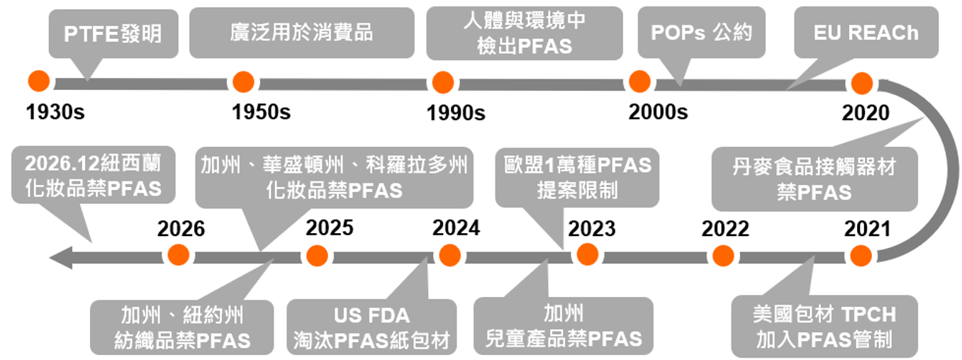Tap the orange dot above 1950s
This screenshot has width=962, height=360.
click(x=243, y=82)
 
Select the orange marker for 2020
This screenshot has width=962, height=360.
click(x=861, y=84)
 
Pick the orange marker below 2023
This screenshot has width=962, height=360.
click(x=587, y=254)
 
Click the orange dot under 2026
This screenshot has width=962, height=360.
click(x=178, y=255)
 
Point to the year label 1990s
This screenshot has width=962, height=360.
click(x=456, y=112)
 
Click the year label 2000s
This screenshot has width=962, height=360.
click(x=658, y=111)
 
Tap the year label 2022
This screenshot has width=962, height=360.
click(x=725, y=228)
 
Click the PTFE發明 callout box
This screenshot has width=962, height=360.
click(x=113, y=33)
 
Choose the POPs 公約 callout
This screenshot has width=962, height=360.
click(x=701, y=33)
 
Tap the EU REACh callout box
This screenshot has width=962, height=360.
click(x=865, y=33)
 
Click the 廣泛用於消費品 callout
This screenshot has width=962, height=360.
click(x=301, y=33)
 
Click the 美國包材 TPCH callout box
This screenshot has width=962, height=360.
click(x=824, y=326)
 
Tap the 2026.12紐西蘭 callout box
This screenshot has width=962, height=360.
click(x=93, y=175)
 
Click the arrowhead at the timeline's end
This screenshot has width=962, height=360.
click(x=60, y=257)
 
